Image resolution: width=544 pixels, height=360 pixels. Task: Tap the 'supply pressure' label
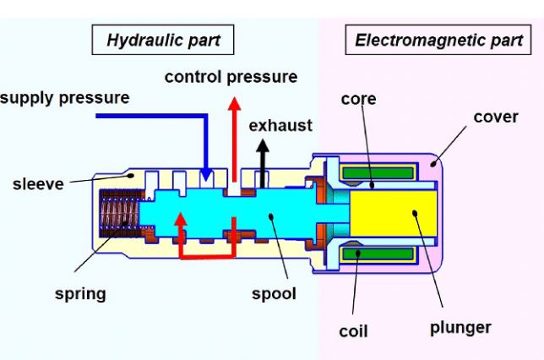click(x=65, y=97)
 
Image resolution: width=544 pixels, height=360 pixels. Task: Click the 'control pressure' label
click(x=231, y=77)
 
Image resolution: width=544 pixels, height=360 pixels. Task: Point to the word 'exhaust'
click(x=280, y=125)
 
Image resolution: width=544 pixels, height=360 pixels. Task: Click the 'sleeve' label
click(x=37, y=183)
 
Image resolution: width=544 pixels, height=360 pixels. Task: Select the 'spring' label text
click(x=81, y=294)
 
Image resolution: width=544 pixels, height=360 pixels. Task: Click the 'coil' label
click(x=353, y=330)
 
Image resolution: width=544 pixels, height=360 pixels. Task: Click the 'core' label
click(x=358, y=99)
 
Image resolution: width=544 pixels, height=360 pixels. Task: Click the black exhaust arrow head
click(x=264, y=145)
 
